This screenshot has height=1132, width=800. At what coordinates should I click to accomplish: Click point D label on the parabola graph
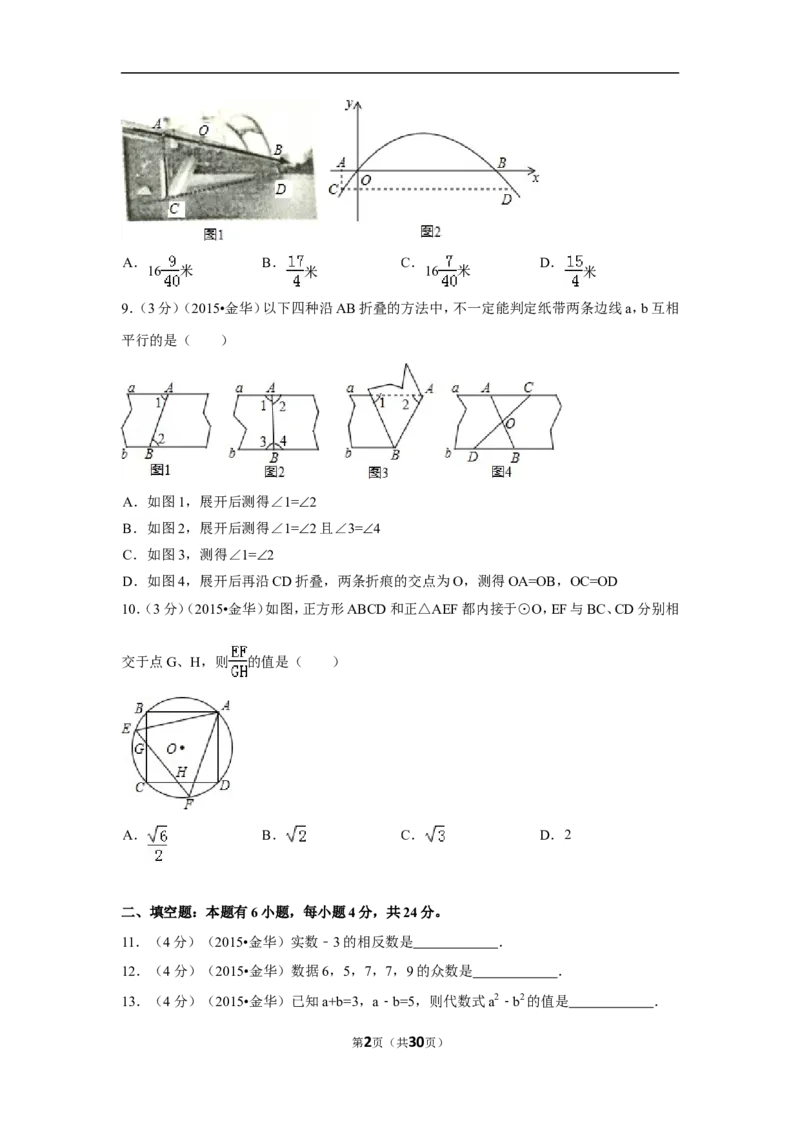507,199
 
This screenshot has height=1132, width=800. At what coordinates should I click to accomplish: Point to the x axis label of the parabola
535,178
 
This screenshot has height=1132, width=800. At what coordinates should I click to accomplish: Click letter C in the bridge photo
175,209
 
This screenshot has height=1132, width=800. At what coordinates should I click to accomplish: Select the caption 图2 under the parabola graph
430,232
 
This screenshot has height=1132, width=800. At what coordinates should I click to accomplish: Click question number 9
128,309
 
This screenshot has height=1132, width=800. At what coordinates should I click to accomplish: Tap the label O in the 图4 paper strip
510,423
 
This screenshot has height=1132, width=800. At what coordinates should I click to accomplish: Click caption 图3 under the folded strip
378,473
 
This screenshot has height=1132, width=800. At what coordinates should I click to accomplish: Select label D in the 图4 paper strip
473,457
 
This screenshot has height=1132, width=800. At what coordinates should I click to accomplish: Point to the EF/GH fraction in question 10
239,661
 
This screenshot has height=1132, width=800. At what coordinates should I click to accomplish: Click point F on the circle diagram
188,804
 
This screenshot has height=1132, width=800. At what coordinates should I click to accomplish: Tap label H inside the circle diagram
181,772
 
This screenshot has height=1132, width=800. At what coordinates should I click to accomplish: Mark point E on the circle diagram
126,729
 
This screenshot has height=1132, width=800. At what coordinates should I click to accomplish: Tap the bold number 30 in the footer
416,1042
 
